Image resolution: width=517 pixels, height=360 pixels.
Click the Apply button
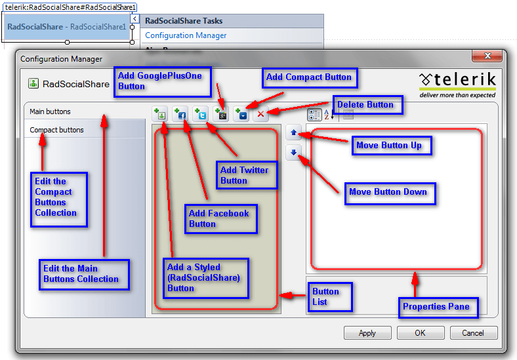click(367, 332)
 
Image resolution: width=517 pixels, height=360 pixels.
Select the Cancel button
click(473, 332)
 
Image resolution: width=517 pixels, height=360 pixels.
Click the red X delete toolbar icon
click(260, 114)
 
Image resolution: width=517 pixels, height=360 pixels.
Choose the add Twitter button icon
click(201, 114)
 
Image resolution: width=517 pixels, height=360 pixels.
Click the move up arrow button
click(294, 133)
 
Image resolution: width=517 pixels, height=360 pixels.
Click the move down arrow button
click(294, 153)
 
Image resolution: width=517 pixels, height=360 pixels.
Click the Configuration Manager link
click(186, 35)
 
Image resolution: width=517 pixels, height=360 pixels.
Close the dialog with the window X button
click(486, 57)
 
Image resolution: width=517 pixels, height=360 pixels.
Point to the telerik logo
click(458, 83)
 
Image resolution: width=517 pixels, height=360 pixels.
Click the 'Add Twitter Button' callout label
click(244, 175)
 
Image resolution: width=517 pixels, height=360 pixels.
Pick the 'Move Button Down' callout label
click(388, 192)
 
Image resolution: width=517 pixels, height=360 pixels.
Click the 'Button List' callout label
click(330, 296)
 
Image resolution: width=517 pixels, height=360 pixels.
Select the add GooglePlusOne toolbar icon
click(221, 114)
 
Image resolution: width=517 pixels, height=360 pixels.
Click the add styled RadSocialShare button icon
click(160, 114)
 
